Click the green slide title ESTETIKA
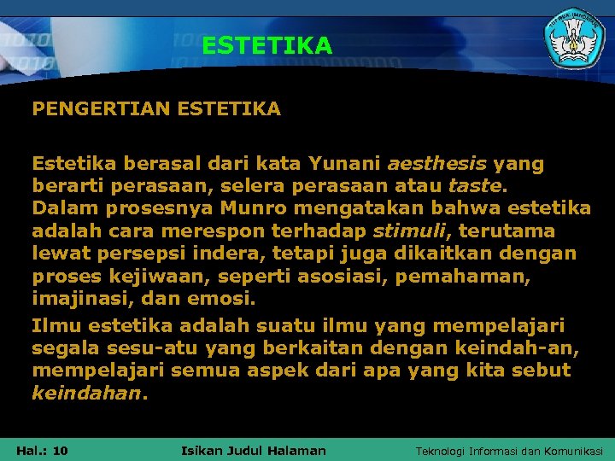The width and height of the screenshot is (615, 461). point(266,45)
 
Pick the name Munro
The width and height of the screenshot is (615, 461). point(249,208)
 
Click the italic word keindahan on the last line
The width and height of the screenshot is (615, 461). point(85,394)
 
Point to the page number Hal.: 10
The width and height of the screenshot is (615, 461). point(42,450)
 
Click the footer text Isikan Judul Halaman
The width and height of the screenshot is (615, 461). point(254,450)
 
